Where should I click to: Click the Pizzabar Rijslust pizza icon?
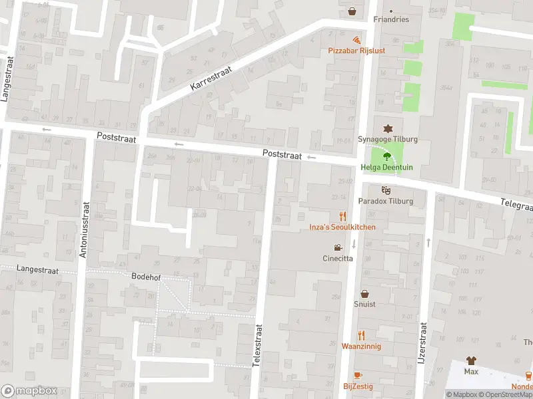(357, 40)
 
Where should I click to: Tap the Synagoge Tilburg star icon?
(386, 128)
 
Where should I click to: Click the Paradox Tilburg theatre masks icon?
(386, 190)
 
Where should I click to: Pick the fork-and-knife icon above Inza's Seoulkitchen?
(342, 216)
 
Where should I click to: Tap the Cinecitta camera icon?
(338, 248)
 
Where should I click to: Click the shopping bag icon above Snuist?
(364, 293)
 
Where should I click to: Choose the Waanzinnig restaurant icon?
(361, 335)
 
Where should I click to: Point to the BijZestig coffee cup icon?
(358, 376)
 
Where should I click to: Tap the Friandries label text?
(391, 20)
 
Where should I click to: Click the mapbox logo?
(28, 390)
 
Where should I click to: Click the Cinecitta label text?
(338, 259)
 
